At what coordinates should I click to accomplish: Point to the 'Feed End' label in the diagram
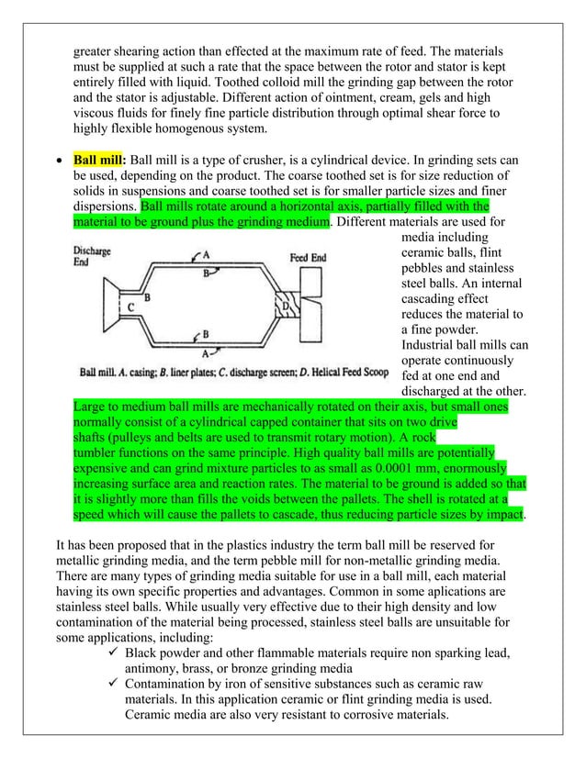[x=308, y=258]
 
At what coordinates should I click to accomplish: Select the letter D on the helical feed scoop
[x=286, y=305]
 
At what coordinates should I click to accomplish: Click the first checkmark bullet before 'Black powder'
[x=114, y=652]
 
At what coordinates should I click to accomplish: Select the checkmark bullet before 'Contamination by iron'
[x=114, y=684]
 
